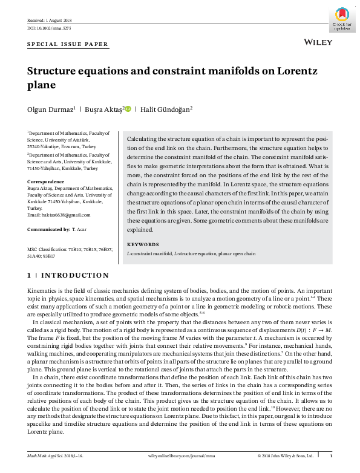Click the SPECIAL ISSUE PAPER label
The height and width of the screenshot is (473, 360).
[68, 44]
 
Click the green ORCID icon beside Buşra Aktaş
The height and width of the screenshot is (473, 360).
[128, 109]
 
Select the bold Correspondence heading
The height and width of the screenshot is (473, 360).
[45, 181]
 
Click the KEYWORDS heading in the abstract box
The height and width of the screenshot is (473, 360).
[143, 244]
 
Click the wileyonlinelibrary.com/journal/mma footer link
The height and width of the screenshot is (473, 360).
[180, 455]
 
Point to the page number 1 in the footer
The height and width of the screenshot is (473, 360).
[330, 455]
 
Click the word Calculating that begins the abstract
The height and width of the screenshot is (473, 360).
[143, 139]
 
